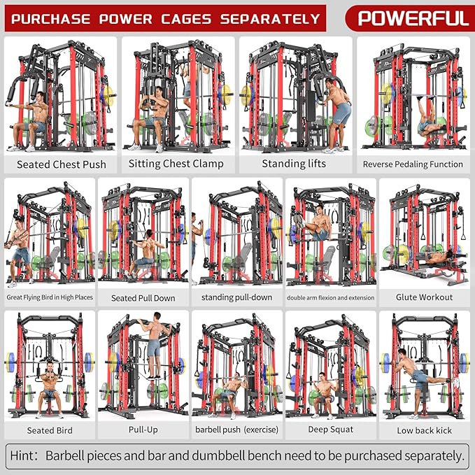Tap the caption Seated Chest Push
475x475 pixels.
coord(62,164)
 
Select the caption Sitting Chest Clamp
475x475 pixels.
coord(176,164)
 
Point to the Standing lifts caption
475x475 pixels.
coord(293,164)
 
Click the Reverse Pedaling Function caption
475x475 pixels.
coord(413,164)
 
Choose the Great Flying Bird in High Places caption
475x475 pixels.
coord(50,297)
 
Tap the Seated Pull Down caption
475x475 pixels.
coord(143,298)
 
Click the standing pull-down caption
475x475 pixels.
coord(236,297)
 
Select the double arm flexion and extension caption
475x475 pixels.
coord(330,297)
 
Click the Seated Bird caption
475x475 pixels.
coord(50,430)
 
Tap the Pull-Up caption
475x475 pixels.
coord(143,430)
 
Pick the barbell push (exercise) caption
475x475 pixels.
coord(236,430)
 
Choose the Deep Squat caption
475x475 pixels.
coord(330,430)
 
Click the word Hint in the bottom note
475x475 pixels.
coord(25,456)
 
